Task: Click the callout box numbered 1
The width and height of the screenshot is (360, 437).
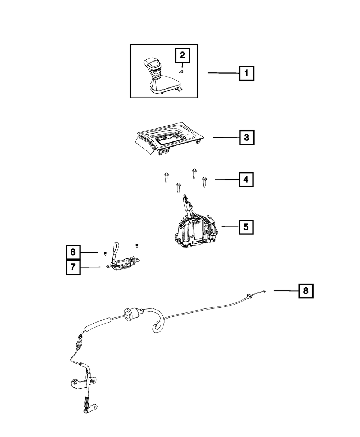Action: click(x=247, y=73)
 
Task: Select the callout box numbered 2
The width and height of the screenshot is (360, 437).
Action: click(x=183, y=55)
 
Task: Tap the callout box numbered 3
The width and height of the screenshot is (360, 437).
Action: click(x=247, y=138)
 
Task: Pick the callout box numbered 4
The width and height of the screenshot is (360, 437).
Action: click(x=246, y=179)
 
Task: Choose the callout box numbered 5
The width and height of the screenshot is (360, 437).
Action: click(x=246, y=227)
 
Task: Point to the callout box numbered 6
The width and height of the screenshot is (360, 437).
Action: click(x=73, y=252)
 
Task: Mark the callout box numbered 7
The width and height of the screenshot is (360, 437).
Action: click(x=73, y=267)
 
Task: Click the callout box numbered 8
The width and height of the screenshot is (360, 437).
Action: click(x=306, y=291)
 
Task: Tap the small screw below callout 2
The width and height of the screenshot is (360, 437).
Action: click(x=181, y=72)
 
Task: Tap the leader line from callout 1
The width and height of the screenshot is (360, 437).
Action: click(x=224, y=73)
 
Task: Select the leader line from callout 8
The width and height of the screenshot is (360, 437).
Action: click(x=286, y=291)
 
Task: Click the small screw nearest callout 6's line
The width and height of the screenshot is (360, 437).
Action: click(x=105, y=254)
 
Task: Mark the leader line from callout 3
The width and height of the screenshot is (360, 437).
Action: click(x=226, y=137)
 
